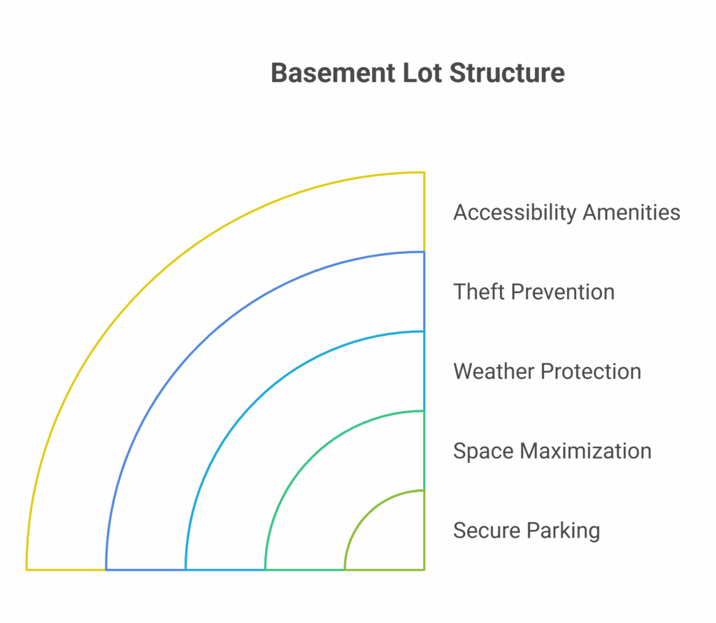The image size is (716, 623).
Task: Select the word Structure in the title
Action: point(507,73)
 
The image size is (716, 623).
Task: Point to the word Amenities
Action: point(631,213)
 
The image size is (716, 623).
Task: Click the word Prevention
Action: point(563,292)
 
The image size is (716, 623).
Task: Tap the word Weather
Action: point(493,371)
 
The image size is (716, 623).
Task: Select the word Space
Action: point(483,451)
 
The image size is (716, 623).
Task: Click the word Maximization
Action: point(586,451)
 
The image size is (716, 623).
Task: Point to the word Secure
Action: point(487,530)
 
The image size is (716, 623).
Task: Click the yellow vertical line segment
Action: point(424,212)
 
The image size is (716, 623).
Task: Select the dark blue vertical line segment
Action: point(424,292)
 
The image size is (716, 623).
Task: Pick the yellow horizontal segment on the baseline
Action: point(66,570)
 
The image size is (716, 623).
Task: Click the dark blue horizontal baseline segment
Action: point(145,570)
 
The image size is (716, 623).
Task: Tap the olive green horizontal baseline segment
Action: point(385,570)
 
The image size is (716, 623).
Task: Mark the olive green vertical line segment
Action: point(424,530)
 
